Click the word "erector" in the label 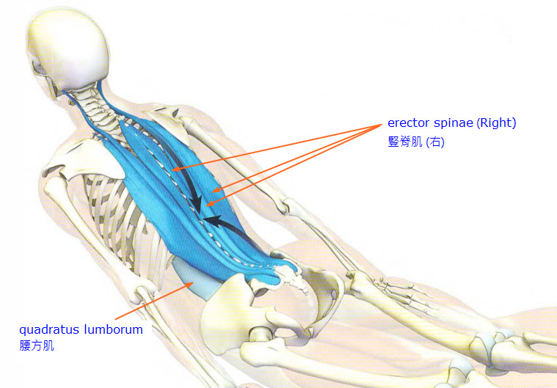click(x=407, y=123)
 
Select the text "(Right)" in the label click(x=496, y=123)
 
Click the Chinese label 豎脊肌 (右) click(x=416, y=142)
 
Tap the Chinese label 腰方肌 click(x=37, y=345)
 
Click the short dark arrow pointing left click(x=225, y=224)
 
